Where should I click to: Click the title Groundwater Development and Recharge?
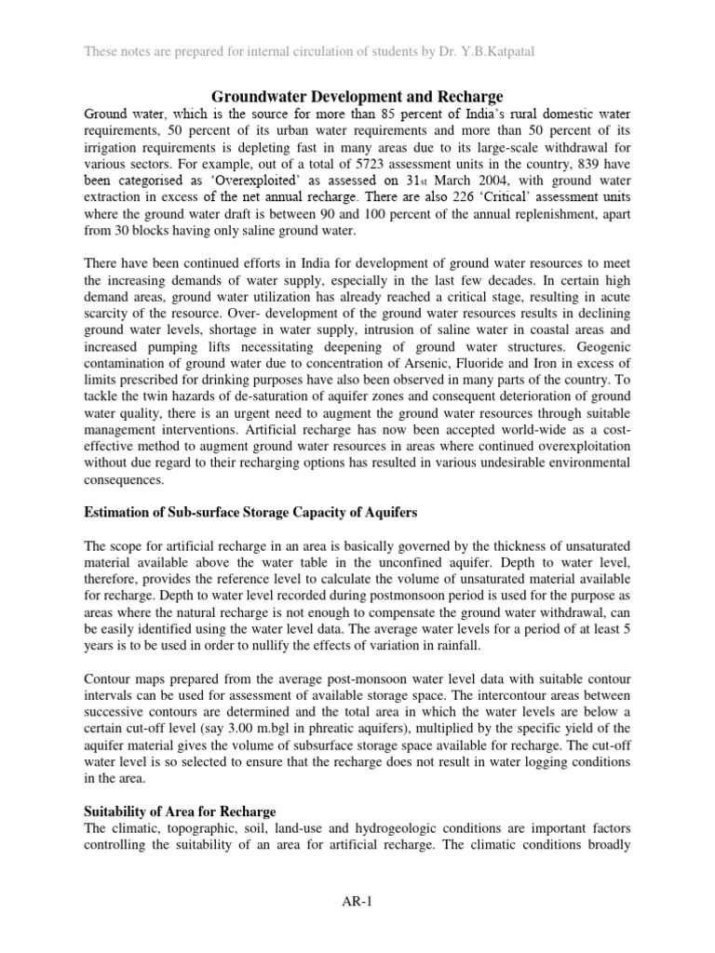(x=358, y=96)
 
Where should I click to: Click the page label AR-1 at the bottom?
(x=357, y=902)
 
